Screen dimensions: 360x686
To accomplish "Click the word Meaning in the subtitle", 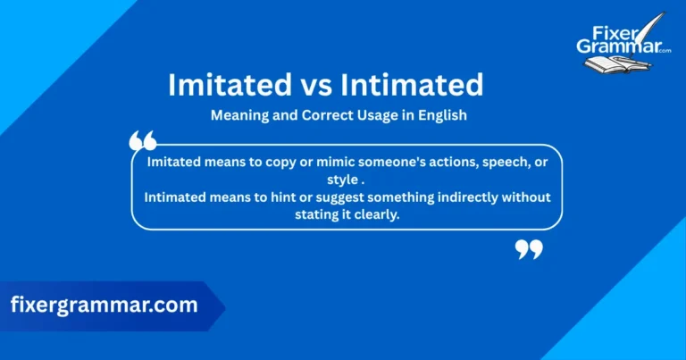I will point(238,115).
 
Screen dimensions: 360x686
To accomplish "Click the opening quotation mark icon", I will point(143,141).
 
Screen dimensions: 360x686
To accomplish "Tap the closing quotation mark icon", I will point(529,249).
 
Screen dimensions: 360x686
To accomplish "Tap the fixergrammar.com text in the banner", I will point(104,305).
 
